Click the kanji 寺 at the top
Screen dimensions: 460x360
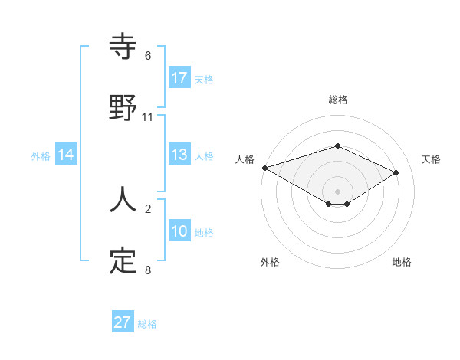(123, 47)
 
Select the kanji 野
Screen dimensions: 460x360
(123, 107)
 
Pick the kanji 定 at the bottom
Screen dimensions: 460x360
(123, 260)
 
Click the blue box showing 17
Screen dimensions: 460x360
(179, 78)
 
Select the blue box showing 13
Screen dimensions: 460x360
(179, 155)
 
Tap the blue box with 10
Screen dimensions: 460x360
(179, 232)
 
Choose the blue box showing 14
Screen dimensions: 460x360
(66, 155)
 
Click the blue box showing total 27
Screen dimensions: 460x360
(123, 322)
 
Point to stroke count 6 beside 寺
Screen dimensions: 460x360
(148, 55)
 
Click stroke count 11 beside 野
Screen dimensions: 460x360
(148, 116)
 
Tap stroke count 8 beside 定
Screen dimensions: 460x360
(148, 270)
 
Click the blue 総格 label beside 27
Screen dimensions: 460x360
(147, 324)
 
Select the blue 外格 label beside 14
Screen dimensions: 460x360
(41, 155)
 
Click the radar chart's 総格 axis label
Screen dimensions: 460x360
(338, 100)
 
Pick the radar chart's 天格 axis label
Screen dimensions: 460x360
(431, 159)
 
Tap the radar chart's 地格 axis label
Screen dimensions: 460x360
(402, 262)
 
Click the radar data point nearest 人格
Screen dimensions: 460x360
(264, 168)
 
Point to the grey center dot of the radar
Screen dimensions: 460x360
(338, 191)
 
